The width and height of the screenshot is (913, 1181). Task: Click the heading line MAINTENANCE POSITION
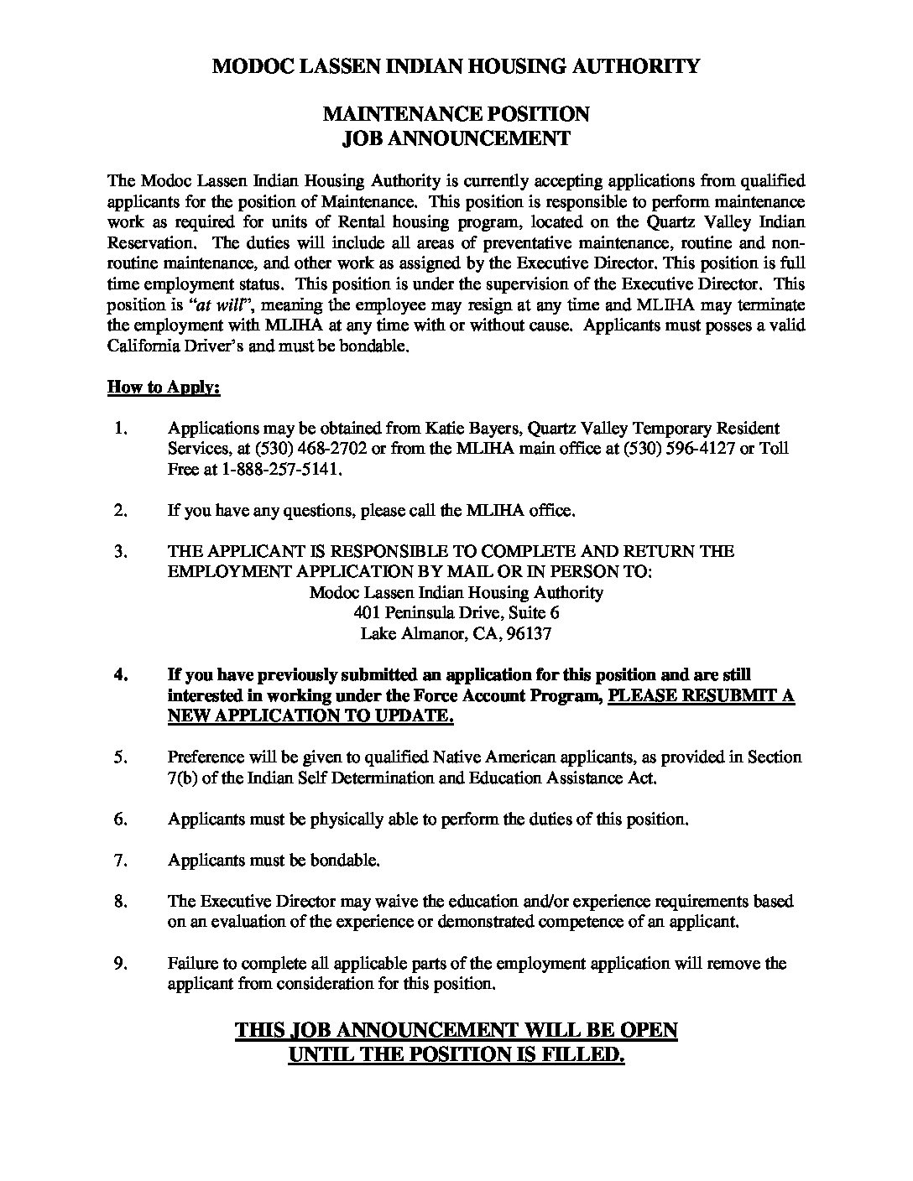point(456,113)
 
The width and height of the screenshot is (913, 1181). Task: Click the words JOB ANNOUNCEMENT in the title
point(456,138)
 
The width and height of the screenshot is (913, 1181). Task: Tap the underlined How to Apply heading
point(164,388)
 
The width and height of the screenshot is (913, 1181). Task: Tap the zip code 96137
point(527,634)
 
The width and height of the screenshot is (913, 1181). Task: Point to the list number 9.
point(119,964)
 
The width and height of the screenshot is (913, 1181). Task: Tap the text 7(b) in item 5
point(183,778)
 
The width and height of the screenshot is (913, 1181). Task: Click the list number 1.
point(119,429)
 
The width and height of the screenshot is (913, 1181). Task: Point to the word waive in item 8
point(363,902)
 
